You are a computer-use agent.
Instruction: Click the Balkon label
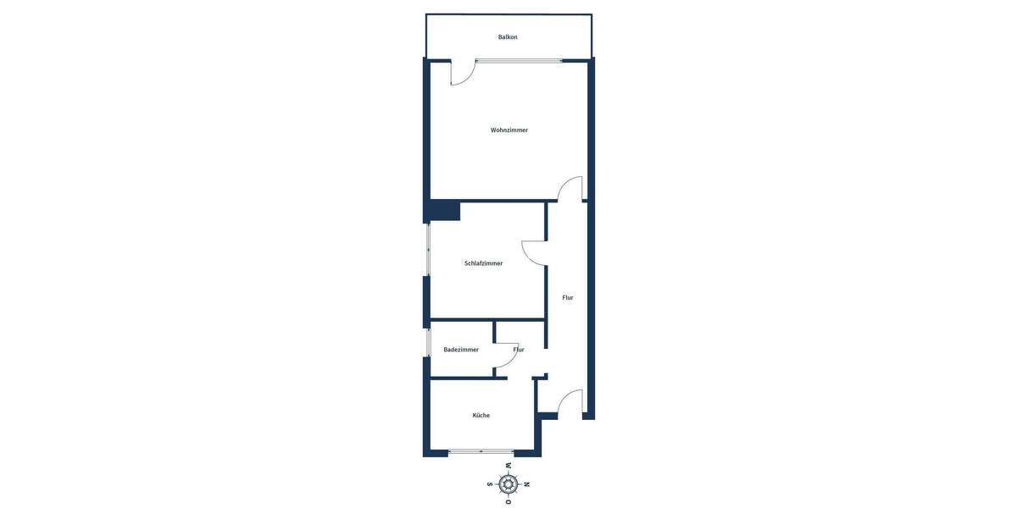click(508, 37)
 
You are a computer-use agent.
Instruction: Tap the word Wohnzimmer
click(509, 130)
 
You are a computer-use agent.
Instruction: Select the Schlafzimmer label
click(483, 263)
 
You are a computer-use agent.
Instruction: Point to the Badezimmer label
click(461, 350)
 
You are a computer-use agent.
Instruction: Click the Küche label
click(481, 416)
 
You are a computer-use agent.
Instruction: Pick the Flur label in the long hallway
click(568, 298)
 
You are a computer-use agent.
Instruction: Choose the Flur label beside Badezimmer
click(519, 350)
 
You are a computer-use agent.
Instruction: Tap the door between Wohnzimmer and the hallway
click(571, 189)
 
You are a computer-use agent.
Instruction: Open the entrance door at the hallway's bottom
click(570, 402)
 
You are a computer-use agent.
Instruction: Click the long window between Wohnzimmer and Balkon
click(518, 60)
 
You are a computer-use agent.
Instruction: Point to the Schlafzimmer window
click(428, 249)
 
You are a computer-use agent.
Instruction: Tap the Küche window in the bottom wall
click(481, 452)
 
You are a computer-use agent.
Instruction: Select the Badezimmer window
click(428, 342)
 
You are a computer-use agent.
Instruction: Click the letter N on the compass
click(527, 484)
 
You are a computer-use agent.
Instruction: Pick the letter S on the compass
click(489, 484)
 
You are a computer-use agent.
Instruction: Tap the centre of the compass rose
click(508, 484)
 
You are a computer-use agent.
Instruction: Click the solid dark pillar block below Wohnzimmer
click(445, 211)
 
